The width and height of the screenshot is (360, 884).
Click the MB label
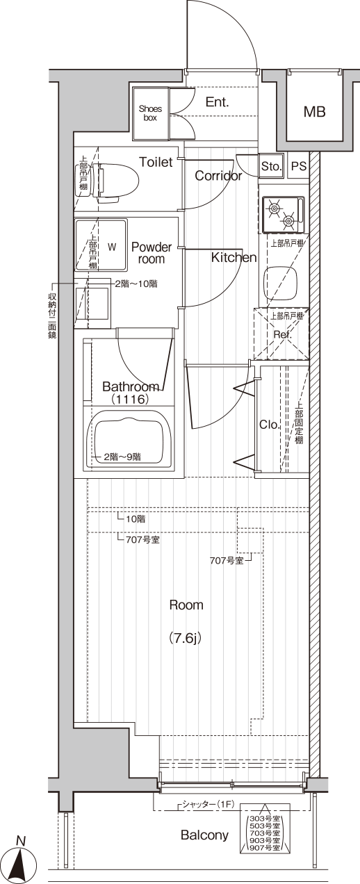point(315,112)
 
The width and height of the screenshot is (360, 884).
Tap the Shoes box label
point(150,113)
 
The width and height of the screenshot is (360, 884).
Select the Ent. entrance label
point(217,102)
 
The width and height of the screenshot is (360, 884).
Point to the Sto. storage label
point(271,167)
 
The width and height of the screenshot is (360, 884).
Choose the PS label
point(299,166)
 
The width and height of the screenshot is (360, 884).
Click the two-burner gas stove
point(284,214)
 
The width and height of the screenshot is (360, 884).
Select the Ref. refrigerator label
point(283,335)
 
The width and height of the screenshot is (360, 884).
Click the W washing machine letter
point(112,247)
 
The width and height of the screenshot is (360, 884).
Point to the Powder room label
point(152,253)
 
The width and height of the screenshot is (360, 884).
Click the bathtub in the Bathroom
point(129,441)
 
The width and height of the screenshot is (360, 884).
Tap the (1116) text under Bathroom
point(130,400)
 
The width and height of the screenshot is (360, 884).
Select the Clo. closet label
point(270,425)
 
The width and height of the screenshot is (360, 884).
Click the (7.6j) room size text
point(186,638)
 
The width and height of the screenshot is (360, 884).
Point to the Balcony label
point(204,835)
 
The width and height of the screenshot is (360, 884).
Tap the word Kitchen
point(234,257)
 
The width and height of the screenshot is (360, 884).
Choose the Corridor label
point(218,176)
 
